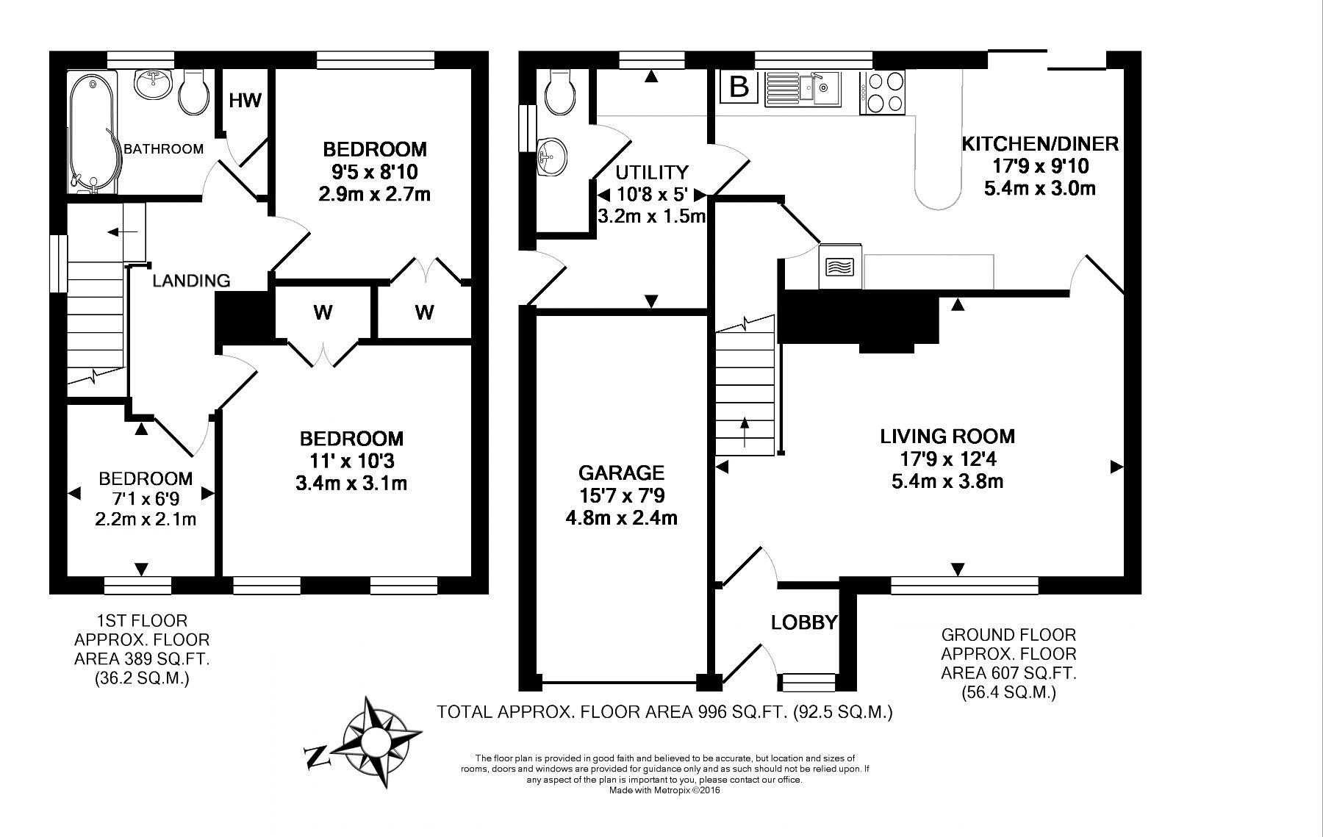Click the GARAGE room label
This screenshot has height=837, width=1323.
pos(621,473)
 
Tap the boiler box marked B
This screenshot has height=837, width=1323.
pos(739,87)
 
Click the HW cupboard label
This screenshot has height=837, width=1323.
pos(245,100)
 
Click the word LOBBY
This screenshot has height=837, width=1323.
pos(804,622)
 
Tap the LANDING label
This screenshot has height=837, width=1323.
pos(191,280)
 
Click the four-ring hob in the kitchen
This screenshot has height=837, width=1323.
pos(886,93)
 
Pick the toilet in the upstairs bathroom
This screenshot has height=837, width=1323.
pos(194,91)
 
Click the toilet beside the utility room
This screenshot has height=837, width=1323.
pos(560,91)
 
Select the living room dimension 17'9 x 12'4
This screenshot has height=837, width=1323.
pos(948,459)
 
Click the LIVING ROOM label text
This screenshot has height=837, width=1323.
pos(947,437)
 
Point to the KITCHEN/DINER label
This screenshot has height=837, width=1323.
pos(1040,143)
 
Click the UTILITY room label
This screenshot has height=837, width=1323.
pos(652,173)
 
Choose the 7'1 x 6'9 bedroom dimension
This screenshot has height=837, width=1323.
pos(146,499)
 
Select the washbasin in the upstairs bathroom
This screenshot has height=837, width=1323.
pos(154,85)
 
